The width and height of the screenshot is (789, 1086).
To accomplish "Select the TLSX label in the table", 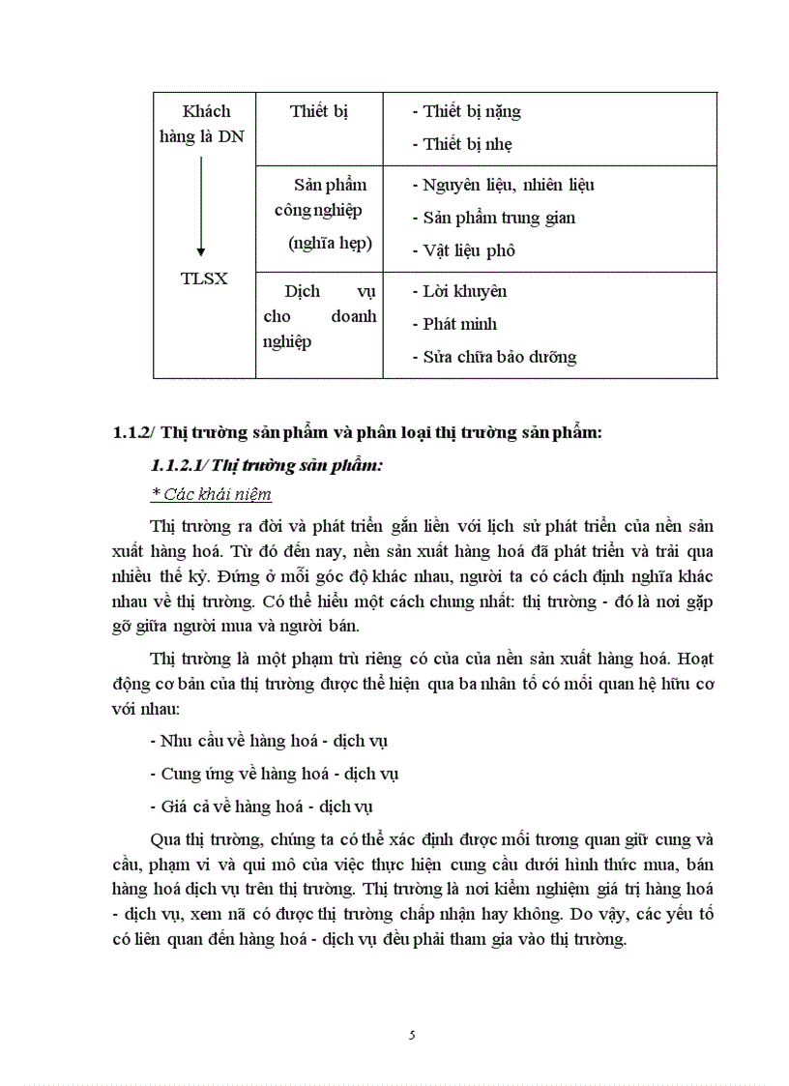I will click(x=204, y=279).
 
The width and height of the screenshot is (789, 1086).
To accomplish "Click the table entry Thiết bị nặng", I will click(x=471, y=111).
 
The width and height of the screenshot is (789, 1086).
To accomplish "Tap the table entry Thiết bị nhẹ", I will click(x=467, y=144).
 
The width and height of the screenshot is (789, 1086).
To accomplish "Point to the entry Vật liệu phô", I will click(x=469, y=250).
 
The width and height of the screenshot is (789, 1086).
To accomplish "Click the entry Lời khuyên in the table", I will click(x=464, y=291).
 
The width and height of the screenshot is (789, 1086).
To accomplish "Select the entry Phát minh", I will click(x=459, y=324).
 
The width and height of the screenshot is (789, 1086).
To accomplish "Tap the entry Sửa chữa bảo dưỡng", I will click(x=499, y=357).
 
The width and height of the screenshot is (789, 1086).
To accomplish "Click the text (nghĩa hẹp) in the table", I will click(x=330, y=244).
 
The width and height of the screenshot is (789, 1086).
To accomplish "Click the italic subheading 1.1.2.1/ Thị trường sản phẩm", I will click(x=267, y=466).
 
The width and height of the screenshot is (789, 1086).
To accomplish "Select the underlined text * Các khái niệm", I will click(x=212, y=495).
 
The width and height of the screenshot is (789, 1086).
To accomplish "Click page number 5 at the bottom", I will click(x=413, y=1036).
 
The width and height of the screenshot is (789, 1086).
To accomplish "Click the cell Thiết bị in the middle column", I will click(x=318, y=111).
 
